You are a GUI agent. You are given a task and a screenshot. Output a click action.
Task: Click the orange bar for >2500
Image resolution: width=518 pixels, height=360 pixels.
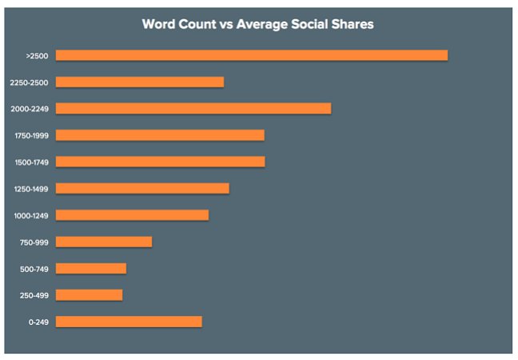click(x=252, y=55)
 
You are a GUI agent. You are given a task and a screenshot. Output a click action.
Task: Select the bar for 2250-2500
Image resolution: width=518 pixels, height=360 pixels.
click(x=140, y=82)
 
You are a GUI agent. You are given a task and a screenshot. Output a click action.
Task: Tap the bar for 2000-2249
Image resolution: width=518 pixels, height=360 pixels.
click(x=193, y=108)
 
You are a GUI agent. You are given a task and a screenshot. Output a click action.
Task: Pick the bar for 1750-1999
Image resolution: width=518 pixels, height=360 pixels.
click(x=160, y=135)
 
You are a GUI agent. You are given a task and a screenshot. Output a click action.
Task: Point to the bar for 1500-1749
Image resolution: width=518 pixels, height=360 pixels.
click(x=160, y=162)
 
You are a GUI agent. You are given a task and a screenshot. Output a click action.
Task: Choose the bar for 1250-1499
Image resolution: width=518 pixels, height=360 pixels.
click(x=142, y=188)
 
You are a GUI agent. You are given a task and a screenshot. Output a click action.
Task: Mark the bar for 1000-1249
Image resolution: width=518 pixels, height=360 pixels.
click(x=132, y=215)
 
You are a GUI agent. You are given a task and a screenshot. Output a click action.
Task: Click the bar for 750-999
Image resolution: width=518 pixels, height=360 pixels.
click(x=104, y=242)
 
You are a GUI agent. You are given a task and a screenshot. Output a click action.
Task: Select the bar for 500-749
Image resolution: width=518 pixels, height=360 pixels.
click(x=91, y=268)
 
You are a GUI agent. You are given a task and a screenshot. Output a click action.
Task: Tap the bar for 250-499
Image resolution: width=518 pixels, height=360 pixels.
click(x=89, y=295)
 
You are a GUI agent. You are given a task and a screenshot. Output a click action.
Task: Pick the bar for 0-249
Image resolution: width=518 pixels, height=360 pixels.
click(x=129, y=322)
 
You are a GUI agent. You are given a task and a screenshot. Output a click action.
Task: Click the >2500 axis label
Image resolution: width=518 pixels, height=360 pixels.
click(x=38, y=56)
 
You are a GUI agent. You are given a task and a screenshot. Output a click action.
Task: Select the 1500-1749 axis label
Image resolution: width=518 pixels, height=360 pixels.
click(x=31, y=162)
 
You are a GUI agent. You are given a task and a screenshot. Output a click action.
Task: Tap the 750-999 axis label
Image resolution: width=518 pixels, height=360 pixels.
click(x=34, y=242)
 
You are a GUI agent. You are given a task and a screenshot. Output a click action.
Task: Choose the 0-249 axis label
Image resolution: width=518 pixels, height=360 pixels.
click(x=38, y=322)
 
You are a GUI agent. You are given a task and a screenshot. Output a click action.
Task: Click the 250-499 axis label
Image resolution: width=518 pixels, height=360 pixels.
click(x=34, y=295)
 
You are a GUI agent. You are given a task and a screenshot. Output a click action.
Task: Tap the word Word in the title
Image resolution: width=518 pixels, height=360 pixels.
click(x=159, y=24)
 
